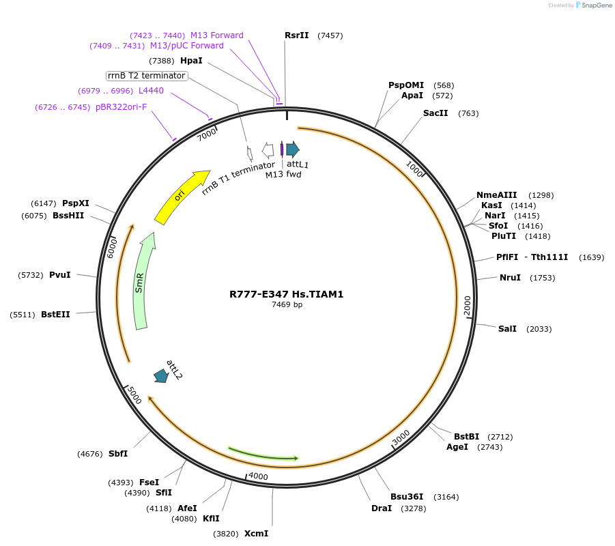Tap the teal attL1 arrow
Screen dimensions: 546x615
(x=293, y=149)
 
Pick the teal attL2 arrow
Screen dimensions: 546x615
(x=162, y=375)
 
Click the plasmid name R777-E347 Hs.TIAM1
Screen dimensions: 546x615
(x=286, y=295)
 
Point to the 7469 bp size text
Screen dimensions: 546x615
(x=287, y=305)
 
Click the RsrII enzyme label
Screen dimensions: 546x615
(x=297, y=35)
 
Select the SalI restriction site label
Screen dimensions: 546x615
(x=507, y=329)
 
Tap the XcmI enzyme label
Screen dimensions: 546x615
(x=256, y=534)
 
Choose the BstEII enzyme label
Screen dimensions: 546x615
(x=55, y=315)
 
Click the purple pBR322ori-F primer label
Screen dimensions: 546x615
(x=121, y=107)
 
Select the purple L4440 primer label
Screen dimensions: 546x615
(x=151, y=91)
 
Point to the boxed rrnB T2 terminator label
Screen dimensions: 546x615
(x=147, y=76)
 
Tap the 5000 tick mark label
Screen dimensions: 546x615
(x=134, y=396)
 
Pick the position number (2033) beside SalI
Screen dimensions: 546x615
(x=539, y=329)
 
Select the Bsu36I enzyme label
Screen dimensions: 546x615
(x=407, y=496)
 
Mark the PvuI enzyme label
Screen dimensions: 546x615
(x=60, y=275)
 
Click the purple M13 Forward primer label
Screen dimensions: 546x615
(x=216, y=35)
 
